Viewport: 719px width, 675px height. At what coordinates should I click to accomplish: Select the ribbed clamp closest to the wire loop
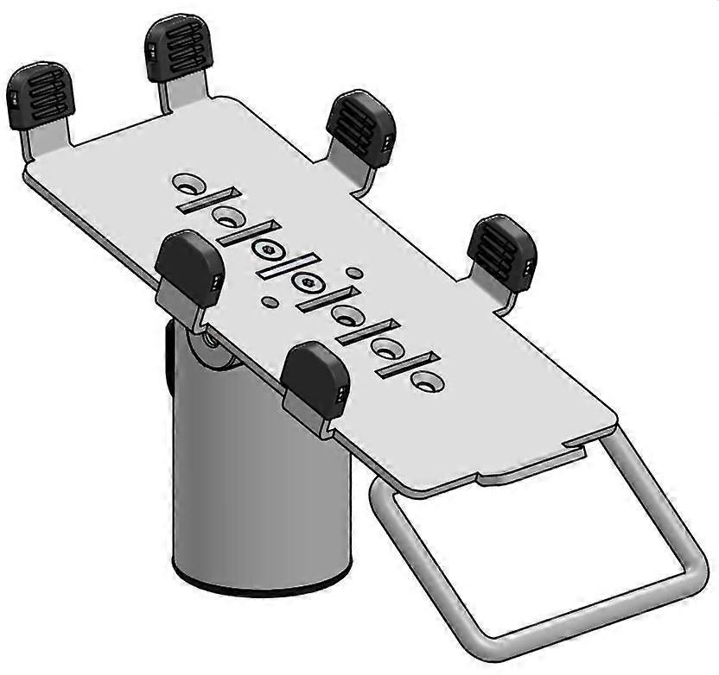point(502,250)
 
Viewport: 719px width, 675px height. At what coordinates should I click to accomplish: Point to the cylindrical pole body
point(259,483)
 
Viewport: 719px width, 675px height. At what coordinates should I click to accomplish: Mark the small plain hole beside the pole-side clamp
point(270,300)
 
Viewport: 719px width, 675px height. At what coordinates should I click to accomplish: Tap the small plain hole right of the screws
point(353,273)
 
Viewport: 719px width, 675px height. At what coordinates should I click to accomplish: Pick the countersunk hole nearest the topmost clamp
point(188,183)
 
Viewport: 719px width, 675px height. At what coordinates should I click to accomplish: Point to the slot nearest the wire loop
point(407,366)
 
